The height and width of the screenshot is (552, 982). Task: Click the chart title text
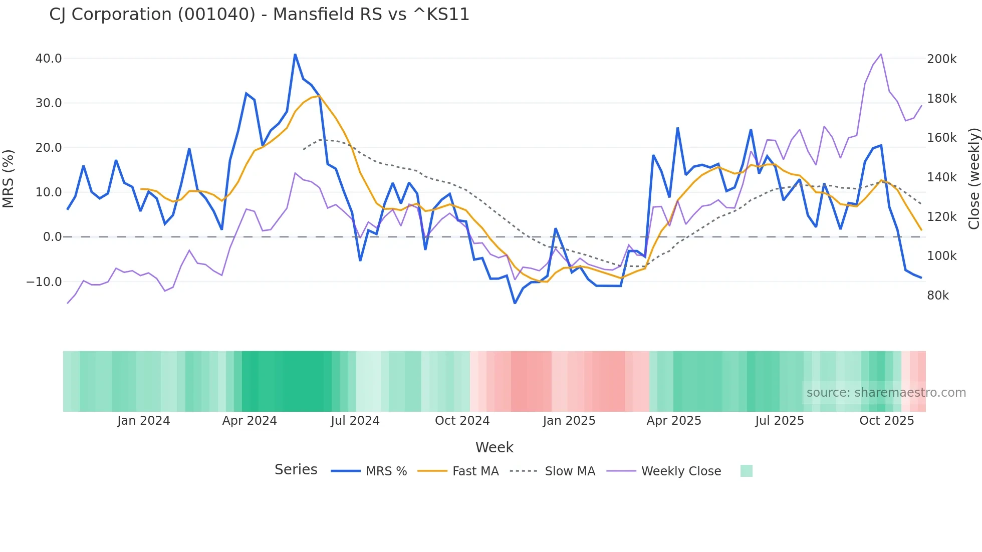point(259,15)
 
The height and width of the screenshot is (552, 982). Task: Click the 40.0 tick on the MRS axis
point(49,59)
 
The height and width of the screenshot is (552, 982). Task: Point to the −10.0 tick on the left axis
point(45,282)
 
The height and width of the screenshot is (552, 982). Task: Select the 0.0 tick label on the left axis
point(53,237)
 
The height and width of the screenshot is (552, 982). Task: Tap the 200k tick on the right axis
point(941,59)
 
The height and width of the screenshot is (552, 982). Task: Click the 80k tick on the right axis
point(937,296)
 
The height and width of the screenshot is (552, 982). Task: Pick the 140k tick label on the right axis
point(941,177)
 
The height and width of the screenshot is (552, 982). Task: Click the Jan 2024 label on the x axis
point(143,421)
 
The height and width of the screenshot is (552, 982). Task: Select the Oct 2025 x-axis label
point(886,421)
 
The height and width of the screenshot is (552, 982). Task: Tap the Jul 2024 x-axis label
point(355,421)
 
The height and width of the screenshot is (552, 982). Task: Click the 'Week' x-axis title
point(494,447)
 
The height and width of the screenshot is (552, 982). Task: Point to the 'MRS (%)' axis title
point(9,178)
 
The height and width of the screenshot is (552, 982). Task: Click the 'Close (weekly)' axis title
point(973,178)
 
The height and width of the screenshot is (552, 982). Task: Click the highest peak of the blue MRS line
point(295,54)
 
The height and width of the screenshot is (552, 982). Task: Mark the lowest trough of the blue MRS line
point(515,303)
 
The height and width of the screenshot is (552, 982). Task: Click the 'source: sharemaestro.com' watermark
point(886,393)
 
